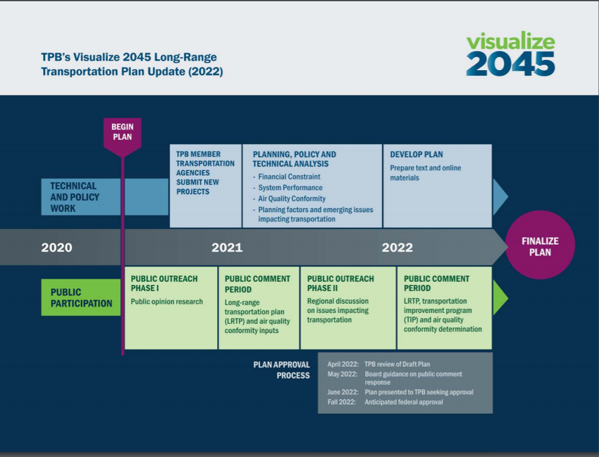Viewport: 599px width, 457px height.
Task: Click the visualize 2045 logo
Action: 510,54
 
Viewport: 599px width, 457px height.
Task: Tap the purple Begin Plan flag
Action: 122,133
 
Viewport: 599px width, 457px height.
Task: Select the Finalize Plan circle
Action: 540,246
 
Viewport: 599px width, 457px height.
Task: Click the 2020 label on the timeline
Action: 57,247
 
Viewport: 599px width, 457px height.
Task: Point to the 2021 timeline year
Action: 227,247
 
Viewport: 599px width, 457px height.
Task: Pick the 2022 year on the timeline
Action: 397,247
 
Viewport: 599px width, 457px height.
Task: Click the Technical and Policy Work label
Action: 74,197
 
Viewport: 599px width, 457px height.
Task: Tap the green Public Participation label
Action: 81,297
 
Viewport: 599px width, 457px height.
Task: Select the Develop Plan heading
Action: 416,154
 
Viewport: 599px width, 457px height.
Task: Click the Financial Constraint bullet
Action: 289,177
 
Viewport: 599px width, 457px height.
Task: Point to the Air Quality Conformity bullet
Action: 291,198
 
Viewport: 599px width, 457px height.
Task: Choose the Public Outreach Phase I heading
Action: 164,283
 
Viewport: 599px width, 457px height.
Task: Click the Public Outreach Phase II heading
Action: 340,283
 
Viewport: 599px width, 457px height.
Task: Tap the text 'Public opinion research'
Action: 166,302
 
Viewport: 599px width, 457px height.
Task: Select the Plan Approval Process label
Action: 282,370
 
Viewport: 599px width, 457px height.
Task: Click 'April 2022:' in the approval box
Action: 342,364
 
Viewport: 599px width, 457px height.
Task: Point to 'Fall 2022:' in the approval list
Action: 342,402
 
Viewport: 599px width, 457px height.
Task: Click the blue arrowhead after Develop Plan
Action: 500,197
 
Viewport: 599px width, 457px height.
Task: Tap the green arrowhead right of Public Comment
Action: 500,297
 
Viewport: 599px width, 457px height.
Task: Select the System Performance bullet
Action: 290,188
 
